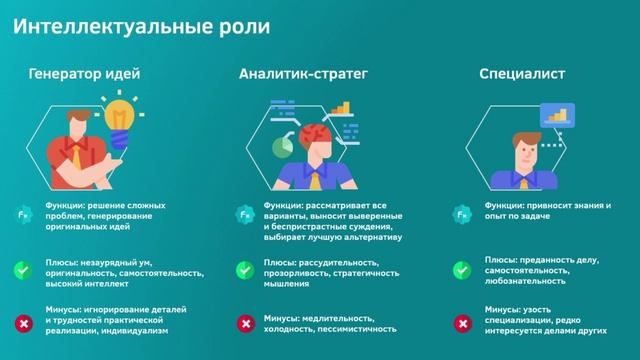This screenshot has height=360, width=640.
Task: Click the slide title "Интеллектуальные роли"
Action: [146, 26]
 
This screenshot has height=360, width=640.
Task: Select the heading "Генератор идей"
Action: [84, 74]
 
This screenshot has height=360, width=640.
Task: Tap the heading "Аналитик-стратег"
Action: [304, 74]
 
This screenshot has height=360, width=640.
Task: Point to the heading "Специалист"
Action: [523, 74]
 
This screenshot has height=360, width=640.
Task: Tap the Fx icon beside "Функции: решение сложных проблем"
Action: [21, 214]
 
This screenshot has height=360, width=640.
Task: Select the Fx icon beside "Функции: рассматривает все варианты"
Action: [243, 214]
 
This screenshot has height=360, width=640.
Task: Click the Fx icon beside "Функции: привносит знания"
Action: [462, 214]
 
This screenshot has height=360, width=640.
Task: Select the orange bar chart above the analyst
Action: [342, 107]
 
